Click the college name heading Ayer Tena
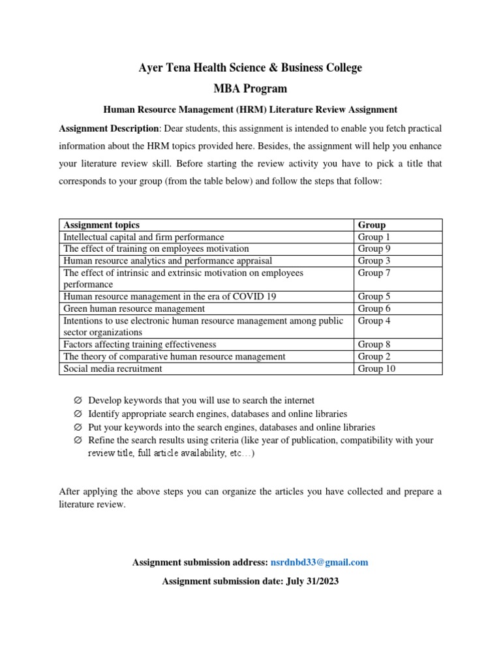pos(250,68)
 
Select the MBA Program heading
pos(250,89)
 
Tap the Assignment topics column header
pos(101,225)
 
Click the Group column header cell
pos(372,225)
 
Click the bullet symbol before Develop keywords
pos(78,401)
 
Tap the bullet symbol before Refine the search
pos(78,441)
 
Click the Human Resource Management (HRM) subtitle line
pos(250,110)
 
